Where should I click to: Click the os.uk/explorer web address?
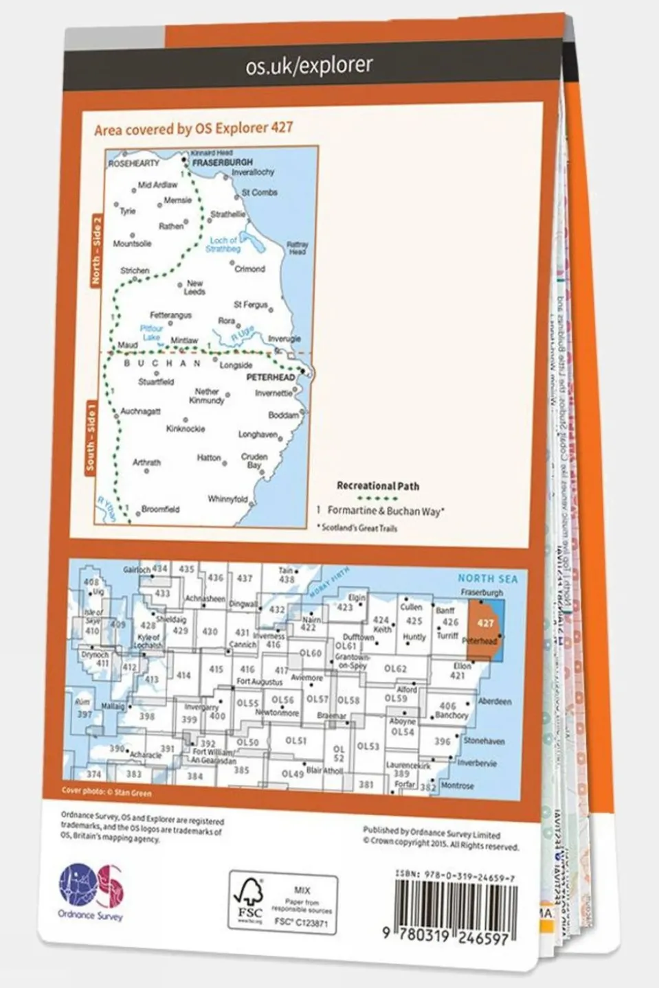[309, 66]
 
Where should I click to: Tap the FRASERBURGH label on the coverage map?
[222, 162]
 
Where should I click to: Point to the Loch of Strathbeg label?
[223, 244]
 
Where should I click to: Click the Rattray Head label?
[297, 248]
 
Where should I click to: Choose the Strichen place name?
[135, 271]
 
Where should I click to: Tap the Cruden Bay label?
[254, 461]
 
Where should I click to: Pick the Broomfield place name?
[160, 509]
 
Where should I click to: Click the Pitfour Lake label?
[151, 333]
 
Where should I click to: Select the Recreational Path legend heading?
[377, 485]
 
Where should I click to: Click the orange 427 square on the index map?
[485, 623]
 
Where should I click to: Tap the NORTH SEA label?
[488, 579]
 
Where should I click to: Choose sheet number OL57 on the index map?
[317, 699]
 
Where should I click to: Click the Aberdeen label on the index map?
[494, 702]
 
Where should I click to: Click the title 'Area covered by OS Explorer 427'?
[193, 128]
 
